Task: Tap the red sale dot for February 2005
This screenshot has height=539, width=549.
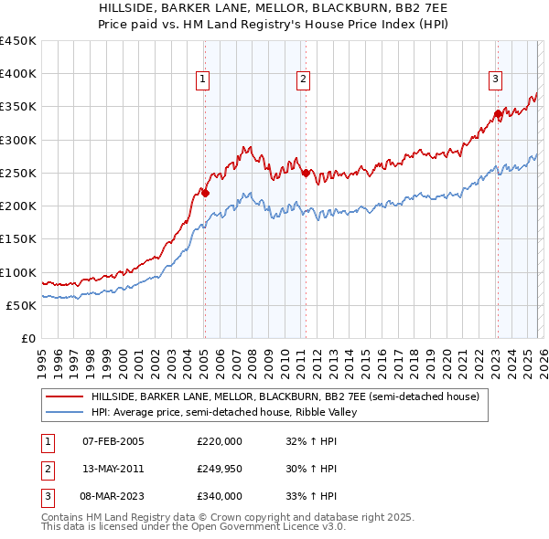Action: click(205, 193)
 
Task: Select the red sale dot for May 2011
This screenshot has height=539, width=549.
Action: click(306, 172)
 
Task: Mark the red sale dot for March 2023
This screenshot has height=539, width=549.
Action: click(498, 114)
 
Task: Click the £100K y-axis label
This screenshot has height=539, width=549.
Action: click(17, 272)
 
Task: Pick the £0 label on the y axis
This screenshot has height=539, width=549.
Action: click(28, 338)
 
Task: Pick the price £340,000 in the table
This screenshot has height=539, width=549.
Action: click(220, 496)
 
